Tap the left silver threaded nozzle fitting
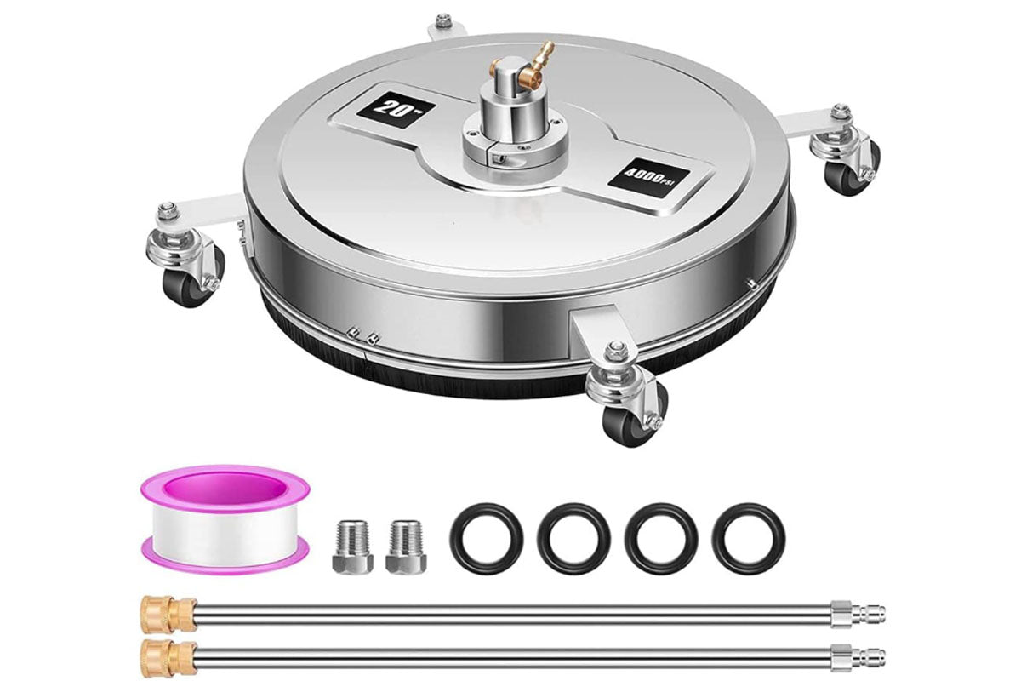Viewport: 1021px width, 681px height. pyautogui.click(x=353, y=546)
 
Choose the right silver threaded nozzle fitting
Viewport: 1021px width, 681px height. pyautogui.click(x=406, y=546)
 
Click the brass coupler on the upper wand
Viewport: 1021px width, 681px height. pyautogui.click(x=170, y=614)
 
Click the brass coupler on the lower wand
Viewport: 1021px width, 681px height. pyautogui.click(x=170, y=658)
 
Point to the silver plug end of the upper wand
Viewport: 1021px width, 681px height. pyautogui.click(x=858, y=614)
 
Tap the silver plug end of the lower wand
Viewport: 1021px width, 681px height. pyautogui.click(x=858, y=658)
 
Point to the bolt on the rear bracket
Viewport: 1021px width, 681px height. pyautogui.click(x=441, y=21)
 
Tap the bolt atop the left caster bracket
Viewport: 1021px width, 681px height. pyautogui.click(x=165, y=210)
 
